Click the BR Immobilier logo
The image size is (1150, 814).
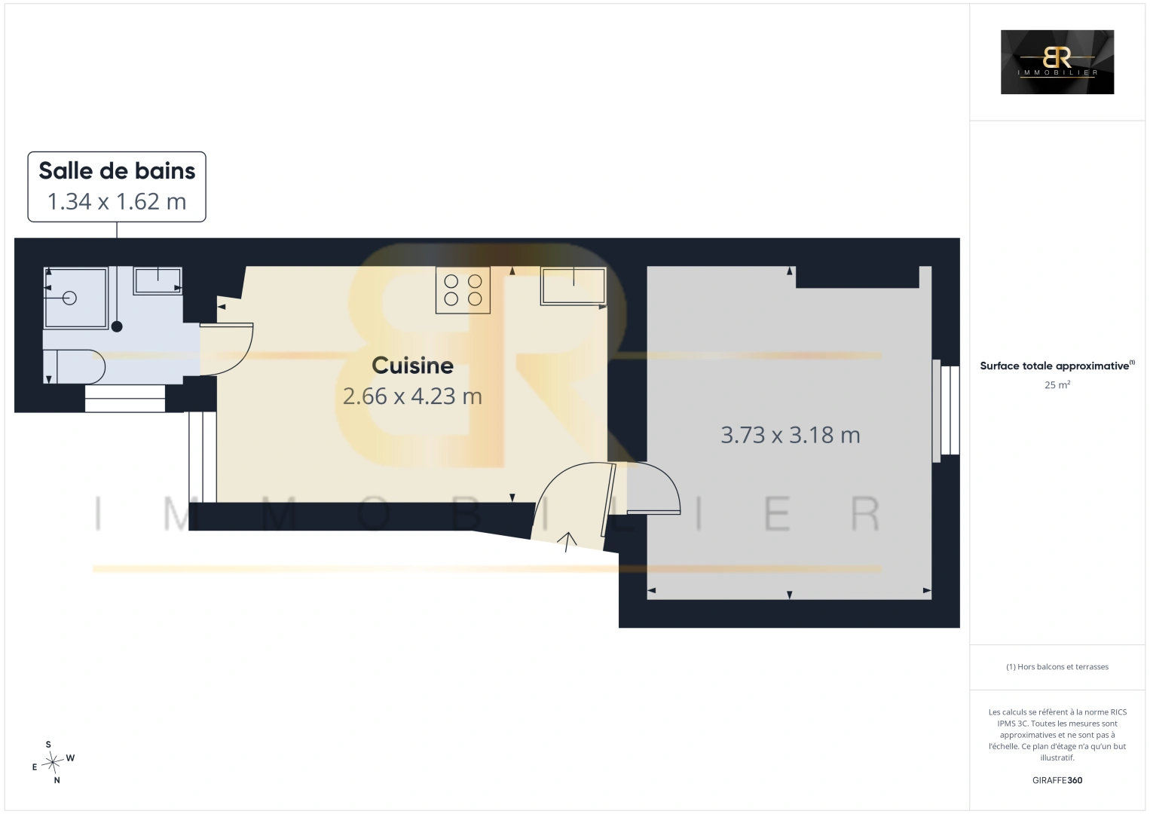coord(1057,62)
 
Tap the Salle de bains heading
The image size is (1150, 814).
coord(117,170)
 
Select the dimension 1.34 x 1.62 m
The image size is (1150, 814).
coord(117,201)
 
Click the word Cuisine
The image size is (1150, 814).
coord(412,366)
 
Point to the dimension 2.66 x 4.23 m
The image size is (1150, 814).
coord(412,396)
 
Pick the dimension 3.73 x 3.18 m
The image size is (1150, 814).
coord(790,435)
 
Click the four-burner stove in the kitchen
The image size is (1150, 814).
coord(463,289)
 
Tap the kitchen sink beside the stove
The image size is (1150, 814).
coord(573,286)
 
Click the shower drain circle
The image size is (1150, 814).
coord(69,298)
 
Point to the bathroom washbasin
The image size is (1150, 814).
coord(158,280)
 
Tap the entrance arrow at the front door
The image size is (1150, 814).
coord(567,542)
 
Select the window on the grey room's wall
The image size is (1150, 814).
coord(946,410)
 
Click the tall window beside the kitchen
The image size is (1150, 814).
coord(203,457)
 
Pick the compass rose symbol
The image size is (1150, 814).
coord(54,762)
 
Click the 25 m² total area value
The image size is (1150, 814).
coord(1057,384)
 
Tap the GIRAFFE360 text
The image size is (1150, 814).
coord(1057,780)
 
